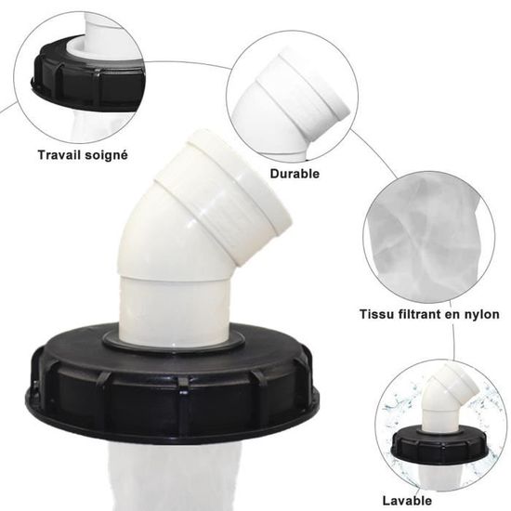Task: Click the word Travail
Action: pyautogui.click(x=59, y=155)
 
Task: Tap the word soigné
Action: pyautogui.click(x=105, y=155)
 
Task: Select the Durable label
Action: pyautogui.click(x=295, y=174)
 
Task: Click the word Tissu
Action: pyautogui.click(x=374, y=314)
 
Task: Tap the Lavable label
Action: pyautogui.click(x=407, y=500)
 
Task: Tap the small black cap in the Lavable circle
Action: pyautogui.click(x=439, y=444)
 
